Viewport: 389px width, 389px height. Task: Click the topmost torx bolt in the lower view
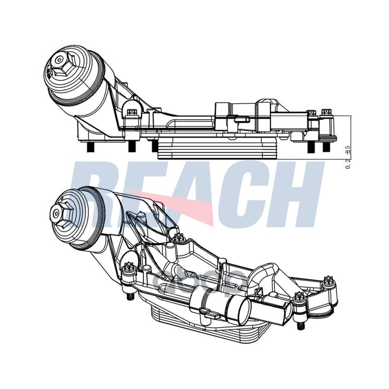(177, 238)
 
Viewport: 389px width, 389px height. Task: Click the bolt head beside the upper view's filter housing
(130, 113)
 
